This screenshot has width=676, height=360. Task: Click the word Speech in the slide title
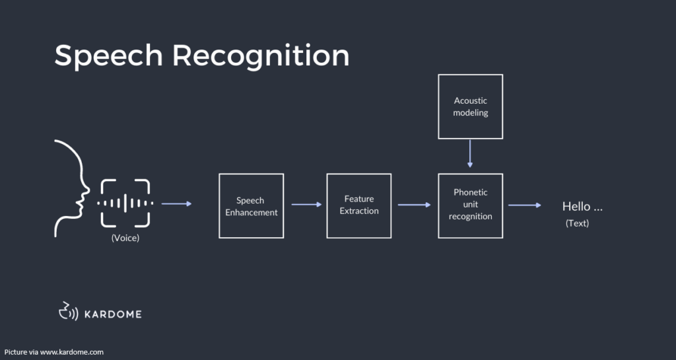coord(109,56)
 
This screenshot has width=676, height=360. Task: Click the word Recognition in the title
coord(261,56)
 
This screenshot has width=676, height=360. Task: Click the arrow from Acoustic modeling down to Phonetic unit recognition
coord(470,153)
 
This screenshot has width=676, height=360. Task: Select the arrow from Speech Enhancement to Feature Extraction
coord(306,204)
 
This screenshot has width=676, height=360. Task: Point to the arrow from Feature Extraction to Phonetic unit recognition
coord(414,205)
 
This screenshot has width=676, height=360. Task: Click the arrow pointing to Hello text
coord(525,205)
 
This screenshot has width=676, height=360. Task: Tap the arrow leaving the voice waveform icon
coord(176,203)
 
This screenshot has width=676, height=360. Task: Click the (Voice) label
coord(125,238)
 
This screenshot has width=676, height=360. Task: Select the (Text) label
coord(577,223)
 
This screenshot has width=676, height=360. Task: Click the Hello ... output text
coord(582,207)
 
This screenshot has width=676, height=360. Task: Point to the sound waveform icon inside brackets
coord(125,203)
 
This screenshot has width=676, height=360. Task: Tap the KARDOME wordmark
coord(113,314)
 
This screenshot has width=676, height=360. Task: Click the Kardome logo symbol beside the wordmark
coord(69,311)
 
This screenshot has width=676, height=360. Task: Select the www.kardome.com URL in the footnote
coord(72,352)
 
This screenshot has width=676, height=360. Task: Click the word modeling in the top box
coord(470,113)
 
